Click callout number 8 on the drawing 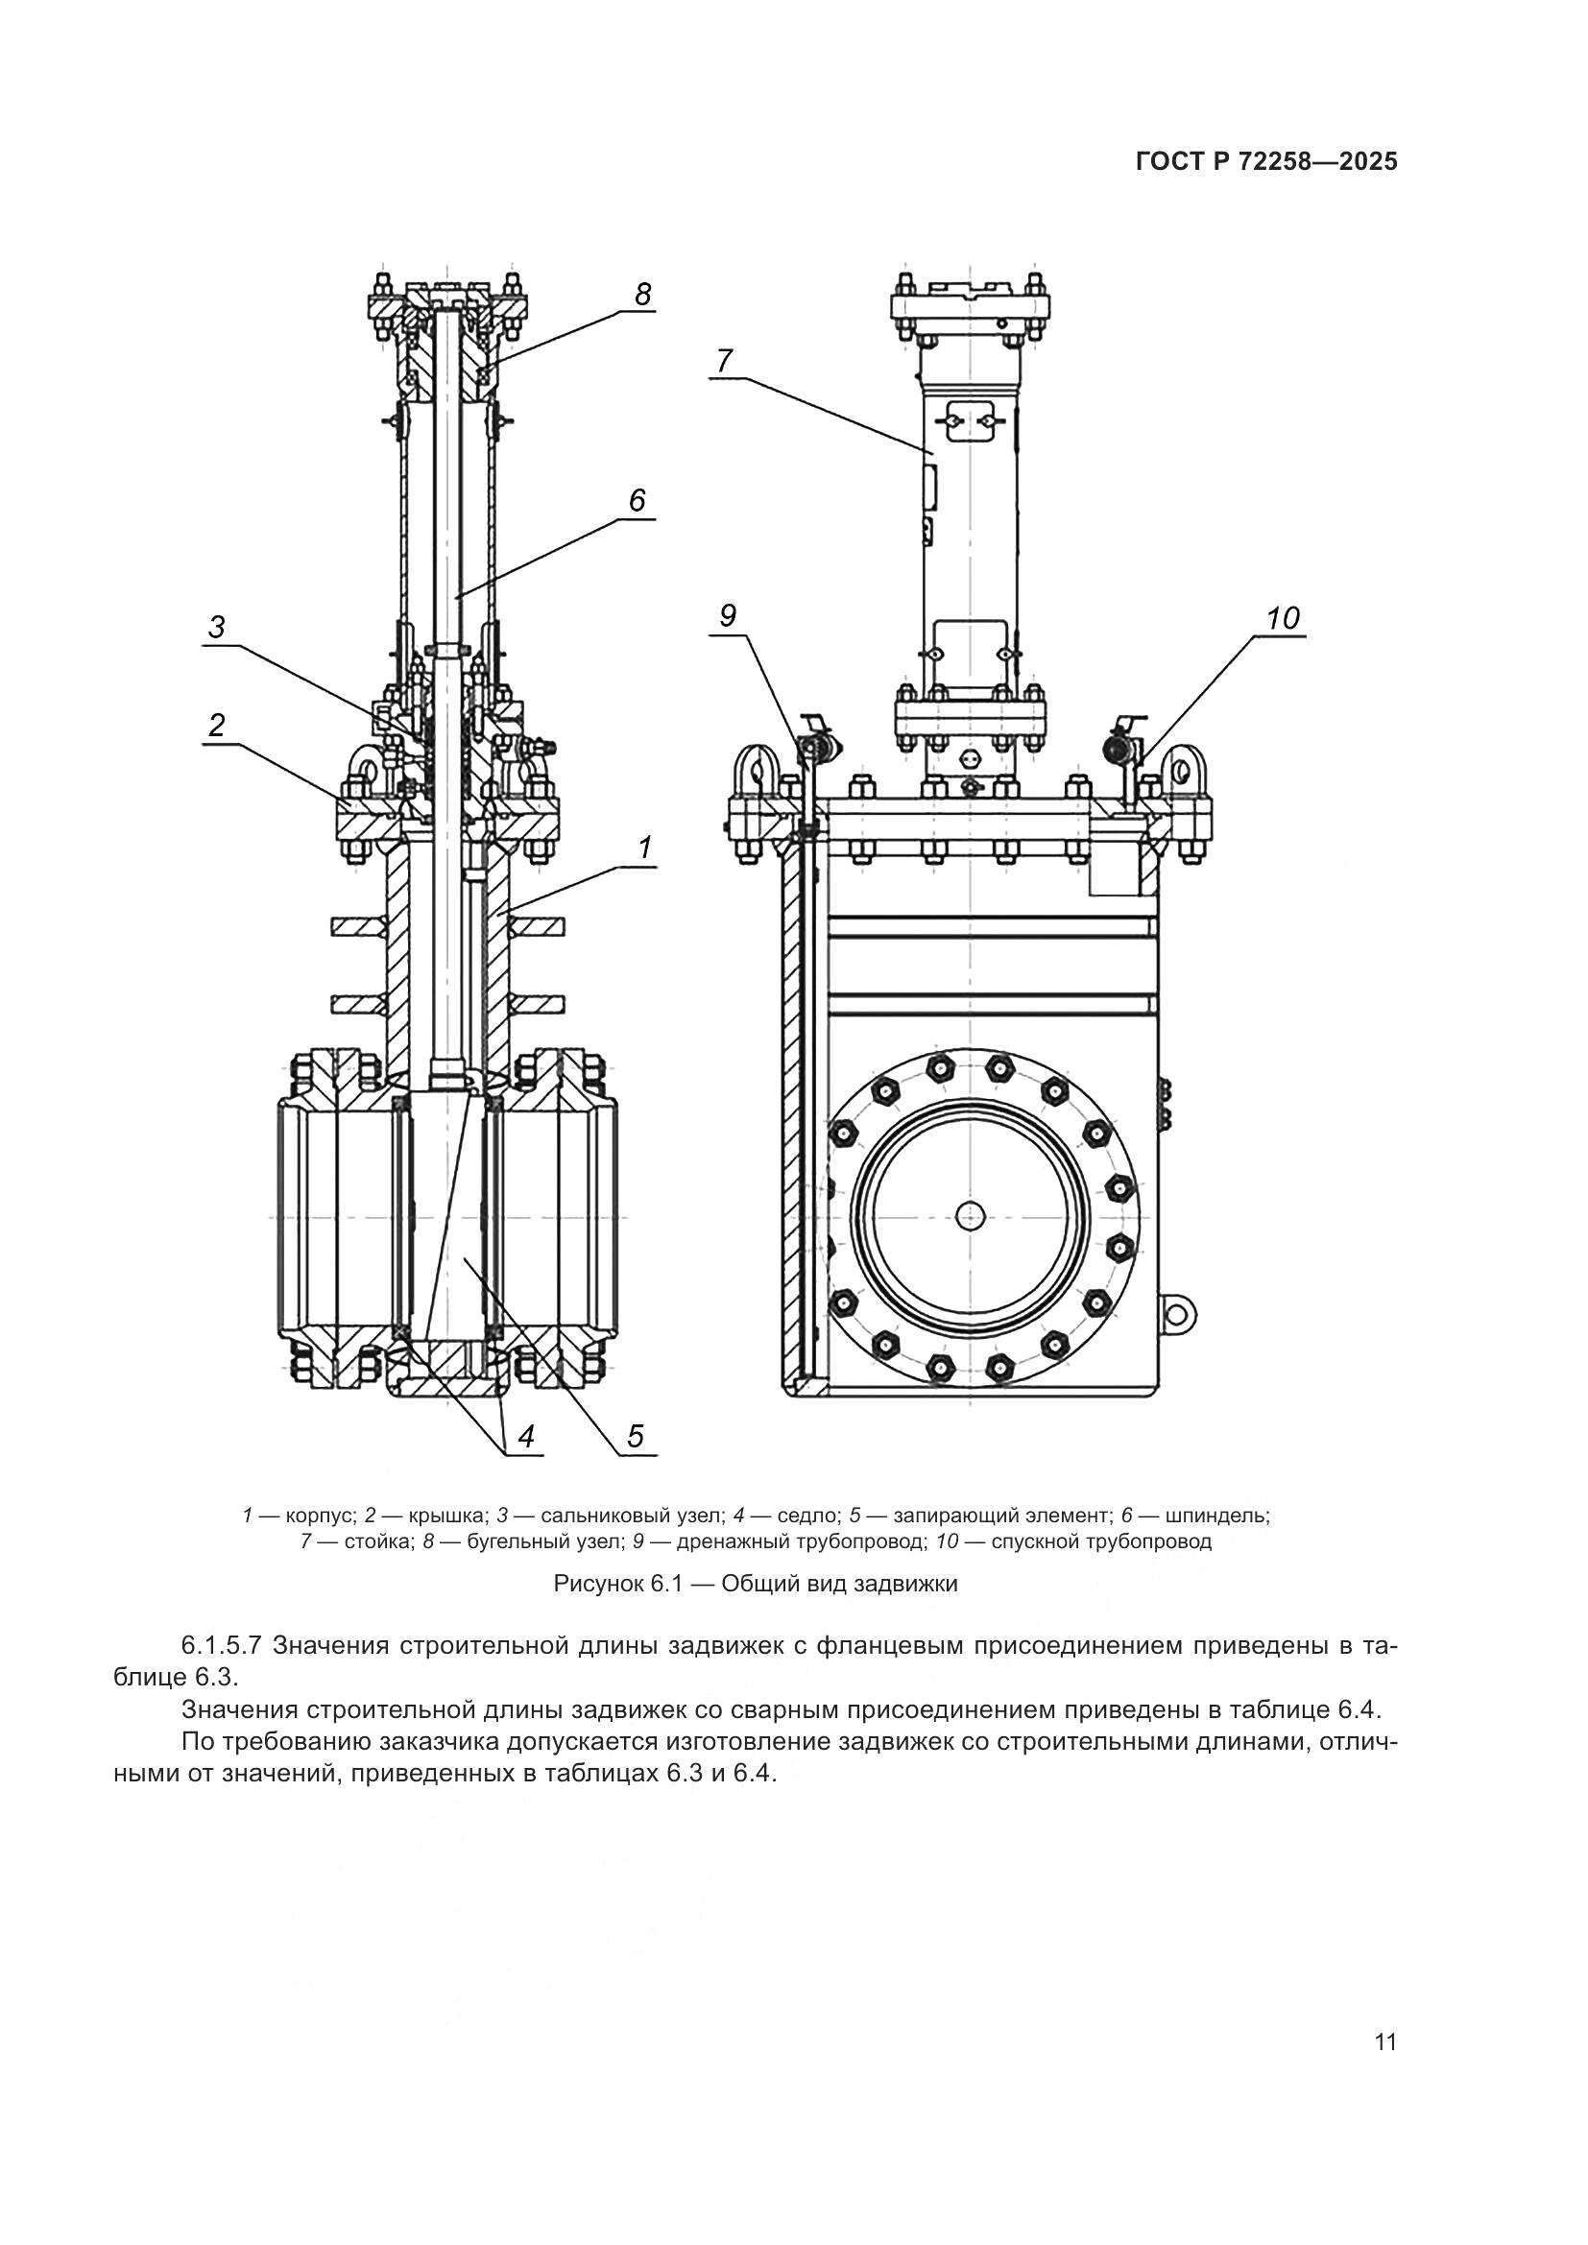642,295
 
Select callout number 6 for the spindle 637,501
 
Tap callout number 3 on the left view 216,627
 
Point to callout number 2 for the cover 216,725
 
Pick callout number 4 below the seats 526,1437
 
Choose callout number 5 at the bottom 636,1437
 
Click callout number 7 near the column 723,362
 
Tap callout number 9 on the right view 728,615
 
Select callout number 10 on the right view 1282,618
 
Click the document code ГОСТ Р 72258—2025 1266,162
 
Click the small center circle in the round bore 970,1216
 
